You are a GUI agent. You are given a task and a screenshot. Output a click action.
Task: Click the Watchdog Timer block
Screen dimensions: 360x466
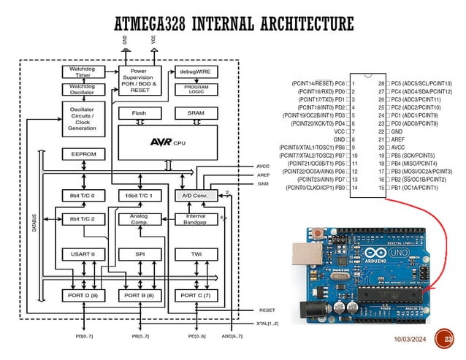coord(81,72)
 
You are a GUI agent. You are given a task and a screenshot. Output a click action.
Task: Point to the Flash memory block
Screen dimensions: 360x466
coord(139,113)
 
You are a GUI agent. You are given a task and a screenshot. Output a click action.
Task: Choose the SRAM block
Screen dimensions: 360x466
coord(195,113)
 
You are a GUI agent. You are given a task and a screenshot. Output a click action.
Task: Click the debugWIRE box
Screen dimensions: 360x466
coord(195,72)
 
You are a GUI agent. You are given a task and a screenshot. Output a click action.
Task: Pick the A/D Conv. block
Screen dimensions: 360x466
coord(195,196)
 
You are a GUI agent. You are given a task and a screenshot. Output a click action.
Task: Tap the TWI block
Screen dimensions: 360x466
coord(195,254)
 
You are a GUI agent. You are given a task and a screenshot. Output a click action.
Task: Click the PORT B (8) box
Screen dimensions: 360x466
coord(139,296)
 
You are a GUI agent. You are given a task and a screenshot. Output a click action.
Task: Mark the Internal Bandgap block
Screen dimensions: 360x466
coord(195,218)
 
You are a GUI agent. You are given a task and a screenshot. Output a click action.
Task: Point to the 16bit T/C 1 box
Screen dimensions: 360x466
coord(139,196)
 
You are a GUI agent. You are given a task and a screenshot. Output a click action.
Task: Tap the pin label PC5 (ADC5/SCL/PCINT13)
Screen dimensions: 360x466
coord(421,84)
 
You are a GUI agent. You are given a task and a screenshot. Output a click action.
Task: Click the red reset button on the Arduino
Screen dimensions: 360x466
coord(318,234)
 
